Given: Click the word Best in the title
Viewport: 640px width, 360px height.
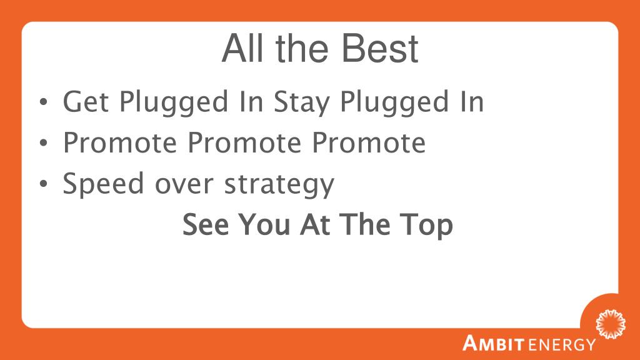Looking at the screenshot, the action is click(379, 48).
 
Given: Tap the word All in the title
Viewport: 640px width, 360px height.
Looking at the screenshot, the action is click(242, 48).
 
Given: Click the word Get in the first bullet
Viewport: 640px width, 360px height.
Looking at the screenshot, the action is click(86, 101).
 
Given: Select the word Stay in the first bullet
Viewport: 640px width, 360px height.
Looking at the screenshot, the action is click(302, 102).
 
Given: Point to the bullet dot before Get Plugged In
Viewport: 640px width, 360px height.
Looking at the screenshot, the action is click(43, 102).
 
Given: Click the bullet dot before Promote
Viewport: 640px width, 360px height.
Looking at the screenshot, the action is click(43, 142).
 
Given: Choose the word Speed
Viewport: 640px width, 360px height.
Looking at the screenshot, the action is click(103, 184).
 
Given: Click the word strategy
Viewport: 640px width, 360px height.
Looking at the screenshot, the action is click(279, 185).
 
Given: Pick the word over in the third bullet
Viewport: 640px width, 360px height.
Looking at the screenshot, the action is click(184, 186).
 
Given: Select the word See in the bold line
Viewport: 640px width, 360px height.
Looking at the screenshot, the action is click(206, 224).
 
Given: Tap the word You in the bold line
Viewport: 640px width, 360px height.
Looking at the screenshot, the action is click(264, 224).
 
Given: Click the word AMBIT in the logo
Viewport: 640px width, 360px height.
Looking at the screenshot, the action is click(493, 343).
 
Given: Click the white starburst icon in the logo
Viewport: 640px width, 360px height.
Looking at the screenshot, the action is click(611, 324).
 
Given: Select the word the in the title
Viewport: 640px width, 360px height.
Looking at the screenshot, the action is click(302, 48).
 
